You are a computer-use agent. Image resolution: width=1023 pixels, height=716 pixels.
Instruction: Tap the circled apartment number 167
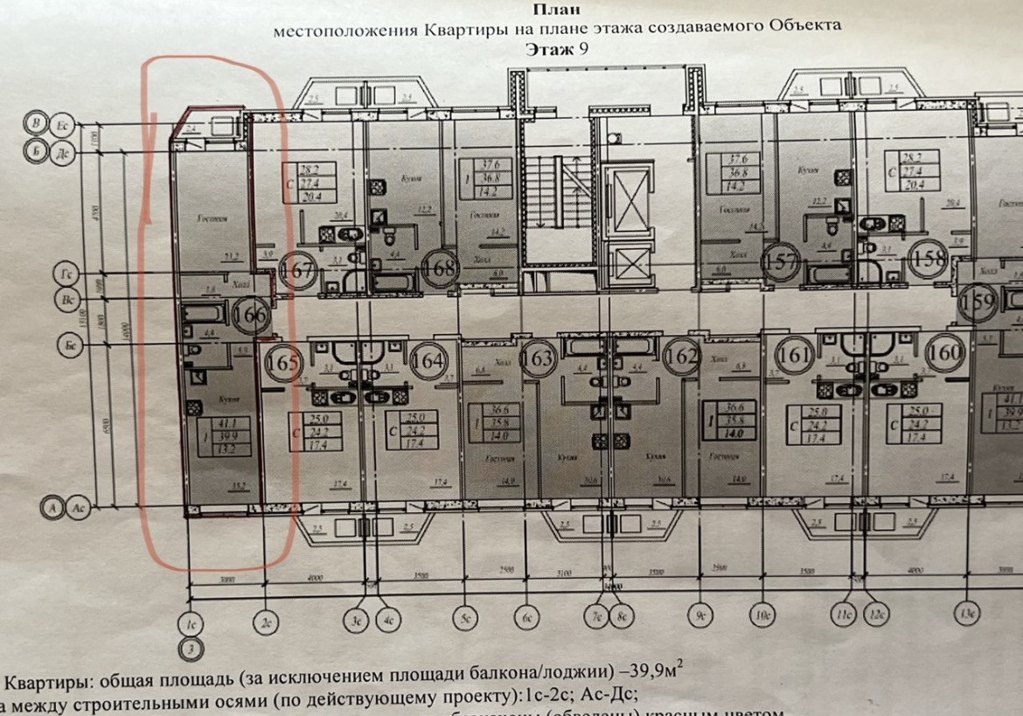298,269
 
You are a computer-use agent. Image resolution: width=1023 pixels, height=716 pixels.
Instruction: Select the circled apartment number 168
442,268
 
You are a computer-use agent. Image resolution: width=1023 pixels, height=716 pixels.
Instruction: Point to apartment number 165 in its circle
282,361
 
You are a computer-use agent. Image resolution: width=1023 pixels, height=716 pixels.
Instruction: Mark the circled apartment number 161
796,355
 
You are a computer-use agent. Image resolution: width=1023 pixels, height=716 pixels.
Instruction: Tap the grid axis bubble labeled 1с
190,622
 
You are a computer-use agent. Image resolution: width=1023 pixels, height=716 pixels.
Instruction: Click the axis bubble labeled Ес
64,124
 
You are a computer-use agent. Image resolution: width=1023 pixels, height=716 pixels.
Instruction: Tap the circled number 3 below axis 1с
190,649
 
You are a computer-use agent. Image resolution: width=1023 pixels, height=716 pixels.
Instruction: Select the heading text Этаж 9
557,49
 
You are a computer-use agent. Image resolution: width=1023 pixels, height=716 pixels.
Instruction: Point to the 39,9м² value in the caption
648,677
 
